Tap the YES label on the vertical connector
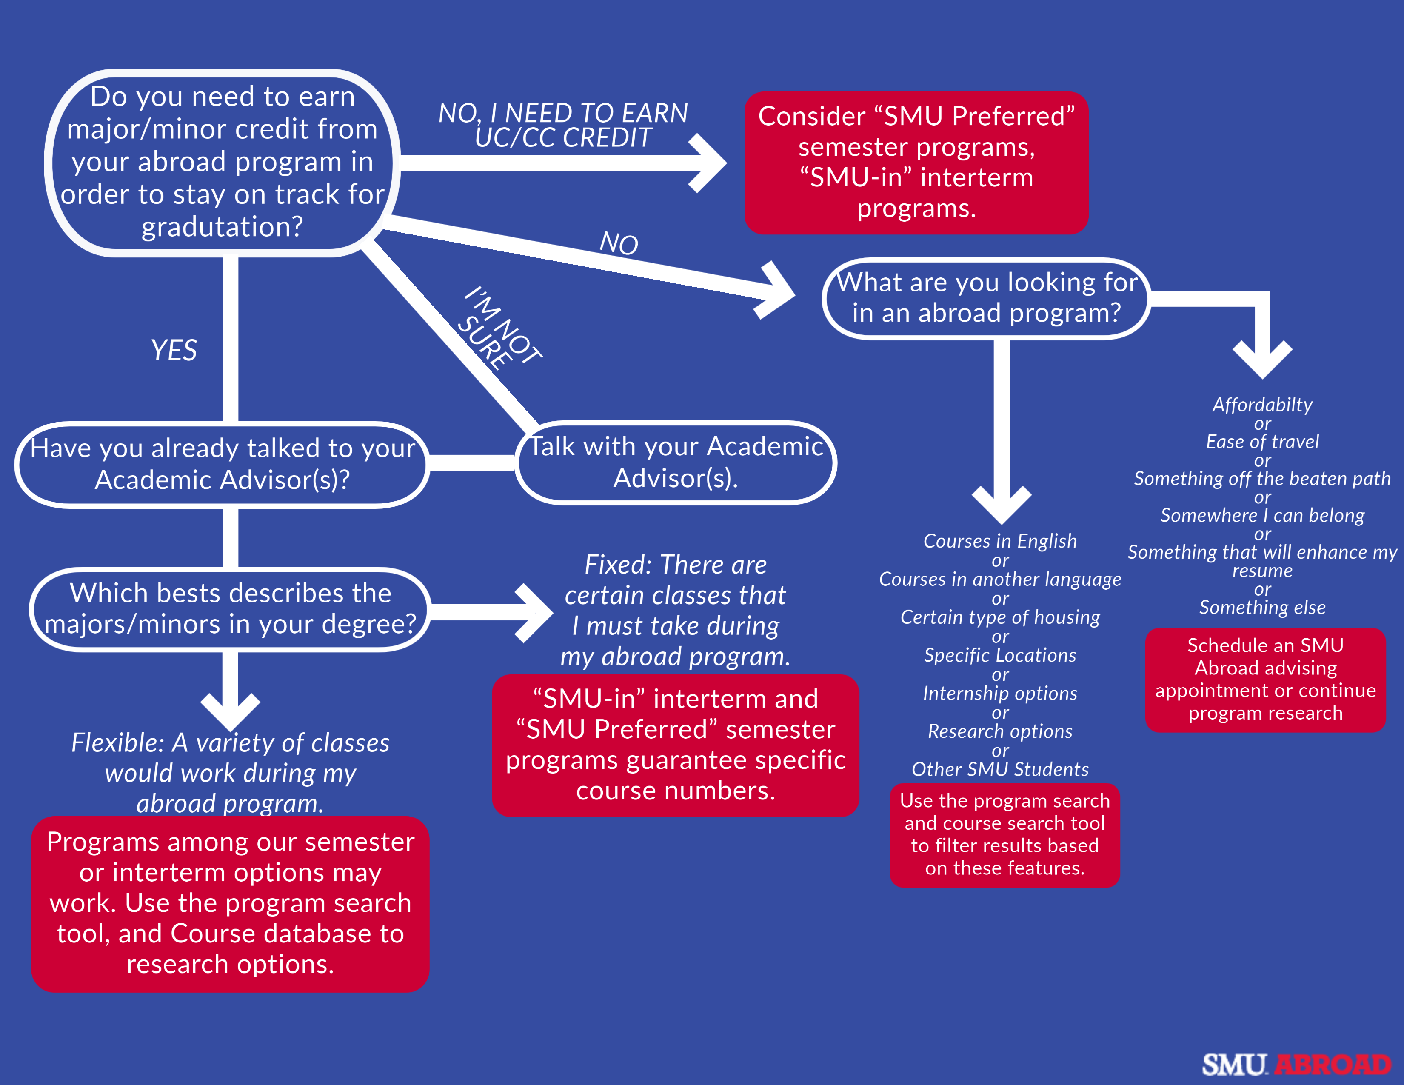pyautogui.click(x=174, y=350)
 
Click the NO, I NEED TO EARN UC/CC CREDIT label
pyautogui.click(x=563, y=126)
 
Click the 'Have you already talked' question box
pyautogui.click(x=222, y=464)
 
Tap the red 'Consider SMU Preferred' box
pyautogui.click(x=916, y=163)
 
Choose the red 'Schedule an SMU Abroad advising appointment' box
pyautogui.click(x=1265, y=680)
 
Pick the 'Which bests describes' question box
pyautogui.click(x=230, y=609)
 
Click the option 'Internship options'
pyautogui.click(x=1000, y=693)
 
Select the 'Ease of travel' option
pyautogui.click(x=1262, y=442)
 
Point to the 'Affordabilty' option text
pyautogui.click(x=1262, y=404)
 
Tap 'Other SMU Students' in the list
pyautogui.click(x=1000, y=769)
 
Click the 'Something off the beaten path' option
pyautogui.click(x=1262, y=478)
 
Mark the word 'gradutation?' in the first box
pyautogui.click(x=222, y=227)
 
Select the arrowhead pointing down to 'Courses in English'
pyautogui.click(x=1002, y=505)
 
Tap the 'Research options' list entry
pyautogui.click(x=1000, y=731)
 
